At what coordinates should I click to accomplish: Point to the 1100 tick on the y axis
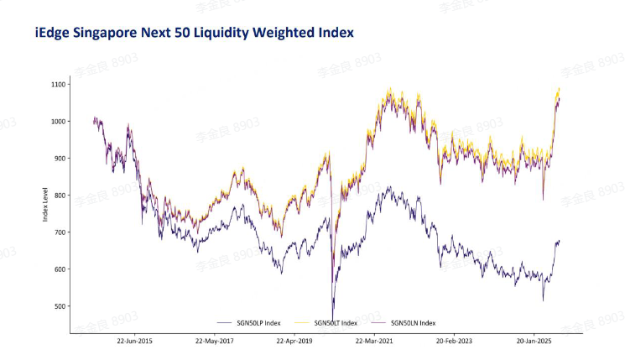pyautogui.click(x=58, y=85)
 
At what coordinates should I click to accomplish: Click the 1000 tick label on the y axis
pyautogui.click(x=58, y=122)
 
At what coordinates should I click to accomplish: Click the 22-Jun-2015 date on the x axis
pyautogui.click(x=134, y=342)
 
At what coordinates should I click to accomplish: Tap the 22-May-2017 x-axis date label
pyautogui.click(x=215, y=342)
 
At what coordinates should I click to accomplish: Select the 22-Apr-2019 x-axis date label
pyautogui.click(x=295, y=342)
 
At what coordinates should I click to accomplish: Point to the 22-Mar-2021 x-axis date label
pyautogui.click(x=375, y=342)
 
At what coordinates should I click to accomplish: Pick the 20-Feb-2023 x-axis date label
pyautogui.click(x=456, y=342)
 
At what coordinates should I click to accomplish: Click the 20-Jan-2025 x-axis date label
pyautogui.click(x=535, y=342)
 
